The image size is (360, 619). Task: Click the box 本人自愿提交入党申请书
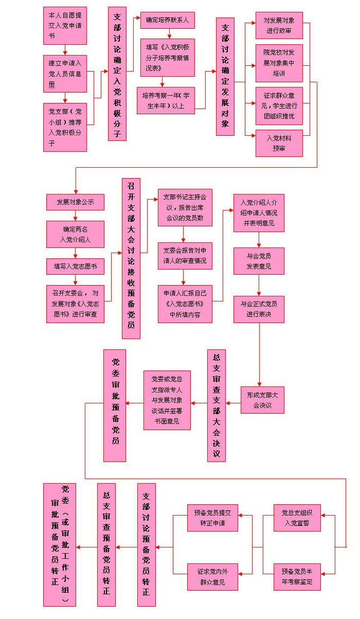click(x=65, y=26)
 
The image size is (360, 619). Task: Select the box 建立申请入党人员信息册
click(x=65, y=74)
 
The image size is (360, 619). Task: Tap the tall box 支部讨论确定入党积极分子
click(x=117, y=74)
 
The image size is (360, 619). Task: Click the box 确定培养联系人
click(x=168, y=20)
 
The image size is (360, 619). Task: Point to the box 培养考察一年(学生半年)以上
click(x=166, y=100)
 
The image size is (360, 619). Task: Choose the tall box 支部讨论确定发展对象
click(x=225, y=77)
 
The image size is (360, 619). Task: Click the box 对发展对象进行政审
click(x=279, y=25)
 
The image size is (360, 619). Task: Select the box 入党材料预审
click(x=279, y=144)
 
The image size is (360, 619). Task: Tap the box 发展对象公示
click(x=75, y=202)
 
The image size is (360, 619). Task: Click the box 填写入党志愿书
click(x=75, y=267)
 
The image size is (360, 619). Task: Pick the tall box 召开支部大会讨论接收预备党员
click(x=131, y=258)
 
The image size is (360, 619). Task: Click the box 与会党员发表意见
click(x=259, y=261)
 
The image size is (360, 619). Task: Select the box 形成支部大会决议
click(x=262, y=400)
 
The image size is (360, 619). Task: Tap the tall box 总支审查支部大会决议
click(x=217, y=405)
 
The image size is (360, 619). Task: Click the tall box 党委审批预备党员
click(x=115, y=405)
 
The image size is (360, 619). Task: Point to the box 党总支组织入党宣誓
click(x=297, y=518)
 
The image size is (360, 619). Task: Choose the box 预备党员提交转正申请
click(x=212, y=518)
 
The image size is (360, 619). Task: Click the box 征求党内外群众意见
click(x=212, y=577)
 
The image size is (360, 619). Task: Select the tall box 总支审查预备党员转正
click(x=106, y=545)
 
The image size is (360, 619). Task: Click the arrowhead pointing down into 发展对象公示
click(x=76, y=192)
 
